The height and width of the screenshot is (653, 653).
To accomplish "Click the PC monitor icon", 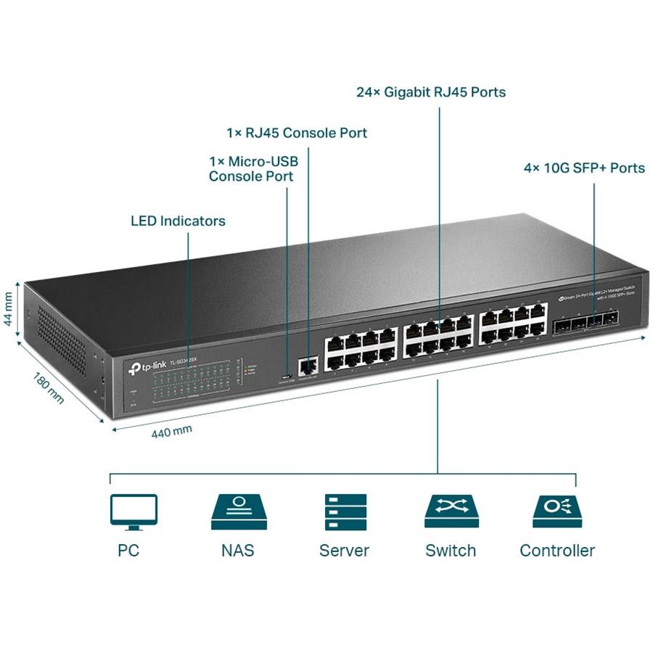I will point(134,510).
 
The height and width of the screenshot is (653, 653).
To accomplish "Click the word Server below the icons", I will point(344,551).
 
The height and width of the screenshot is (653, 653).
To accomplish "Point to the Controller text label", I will point(557,551).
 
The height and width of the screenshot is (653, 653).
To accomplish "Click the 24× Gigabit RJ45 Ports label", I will point(431,93).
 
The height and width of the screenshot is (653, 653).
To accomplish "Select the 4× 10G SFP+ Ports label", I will point(584,168).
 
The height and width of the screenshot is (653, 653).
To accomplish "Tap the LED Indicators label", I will point(178,221).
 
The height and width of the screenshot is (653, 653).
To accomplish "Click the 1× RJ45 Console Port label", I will point(297,134).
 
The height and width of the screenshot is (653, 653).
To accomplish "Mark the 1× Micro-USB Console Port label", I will point(253,168).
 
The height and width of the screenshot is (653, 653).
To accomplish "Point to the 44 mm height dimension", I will point(9,310).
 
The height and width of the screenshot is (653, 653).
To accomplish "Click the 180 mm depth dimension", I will point(49,387).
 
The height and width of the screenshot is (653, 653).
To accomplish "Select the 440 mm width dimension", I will point(171,431).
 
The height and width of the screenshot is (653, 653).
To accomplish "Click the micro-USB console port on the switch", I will point(287,376).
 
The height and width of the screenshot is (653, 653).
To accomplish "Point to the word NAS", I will point(238,551).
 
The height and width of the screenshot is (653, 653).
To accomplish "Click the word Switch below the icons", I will point(451,551).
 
